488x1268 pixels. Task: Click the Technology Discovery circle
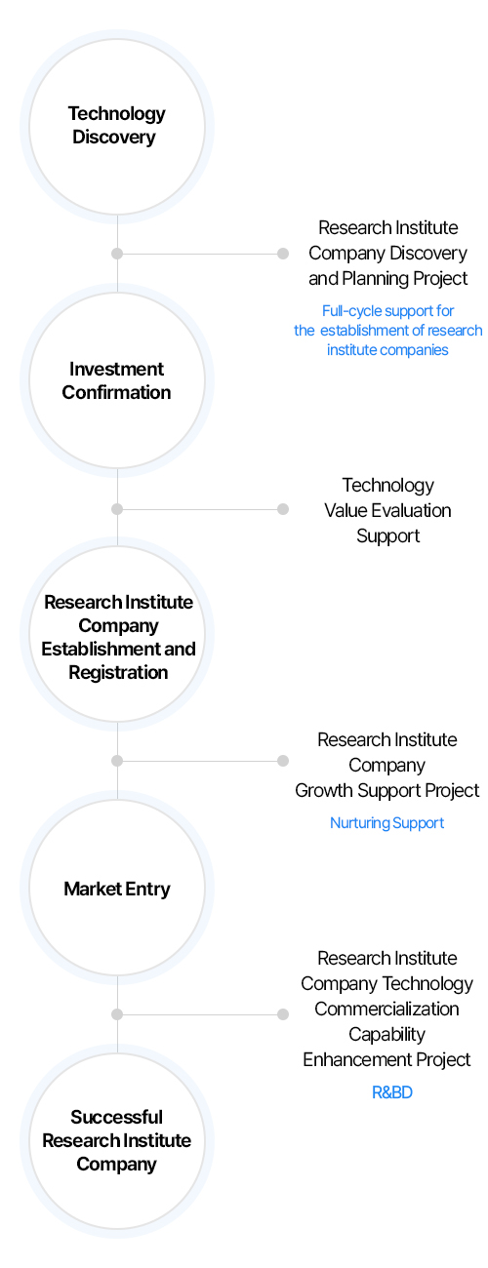click(117, 127)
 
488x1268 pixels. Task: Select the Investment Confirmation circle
click(117, 380)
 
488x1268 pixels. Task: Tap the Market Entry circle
click(117, 888)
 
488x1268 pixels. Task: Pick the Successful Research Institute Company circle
click(117, 1141)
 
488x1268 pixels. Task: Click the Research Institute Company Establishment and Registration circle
click(117, 634)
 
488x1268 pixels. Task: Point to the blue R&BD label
click(391, 1092)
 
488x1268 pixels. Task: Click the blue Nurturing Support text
click(386, 823)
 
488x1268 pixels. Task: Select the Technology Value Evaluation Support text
click(387, 510)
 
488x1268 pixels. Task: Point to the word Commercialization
click(386, 1009)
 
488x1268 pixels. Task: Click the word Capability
click(386, 1034)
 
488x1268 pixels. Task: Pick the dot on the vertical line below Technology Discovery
click(117, 254)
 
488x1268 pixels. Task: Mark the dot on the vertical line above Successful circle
click(117, 1014)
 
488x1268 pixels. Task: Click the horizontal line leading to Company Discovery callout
click(200, 254)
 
